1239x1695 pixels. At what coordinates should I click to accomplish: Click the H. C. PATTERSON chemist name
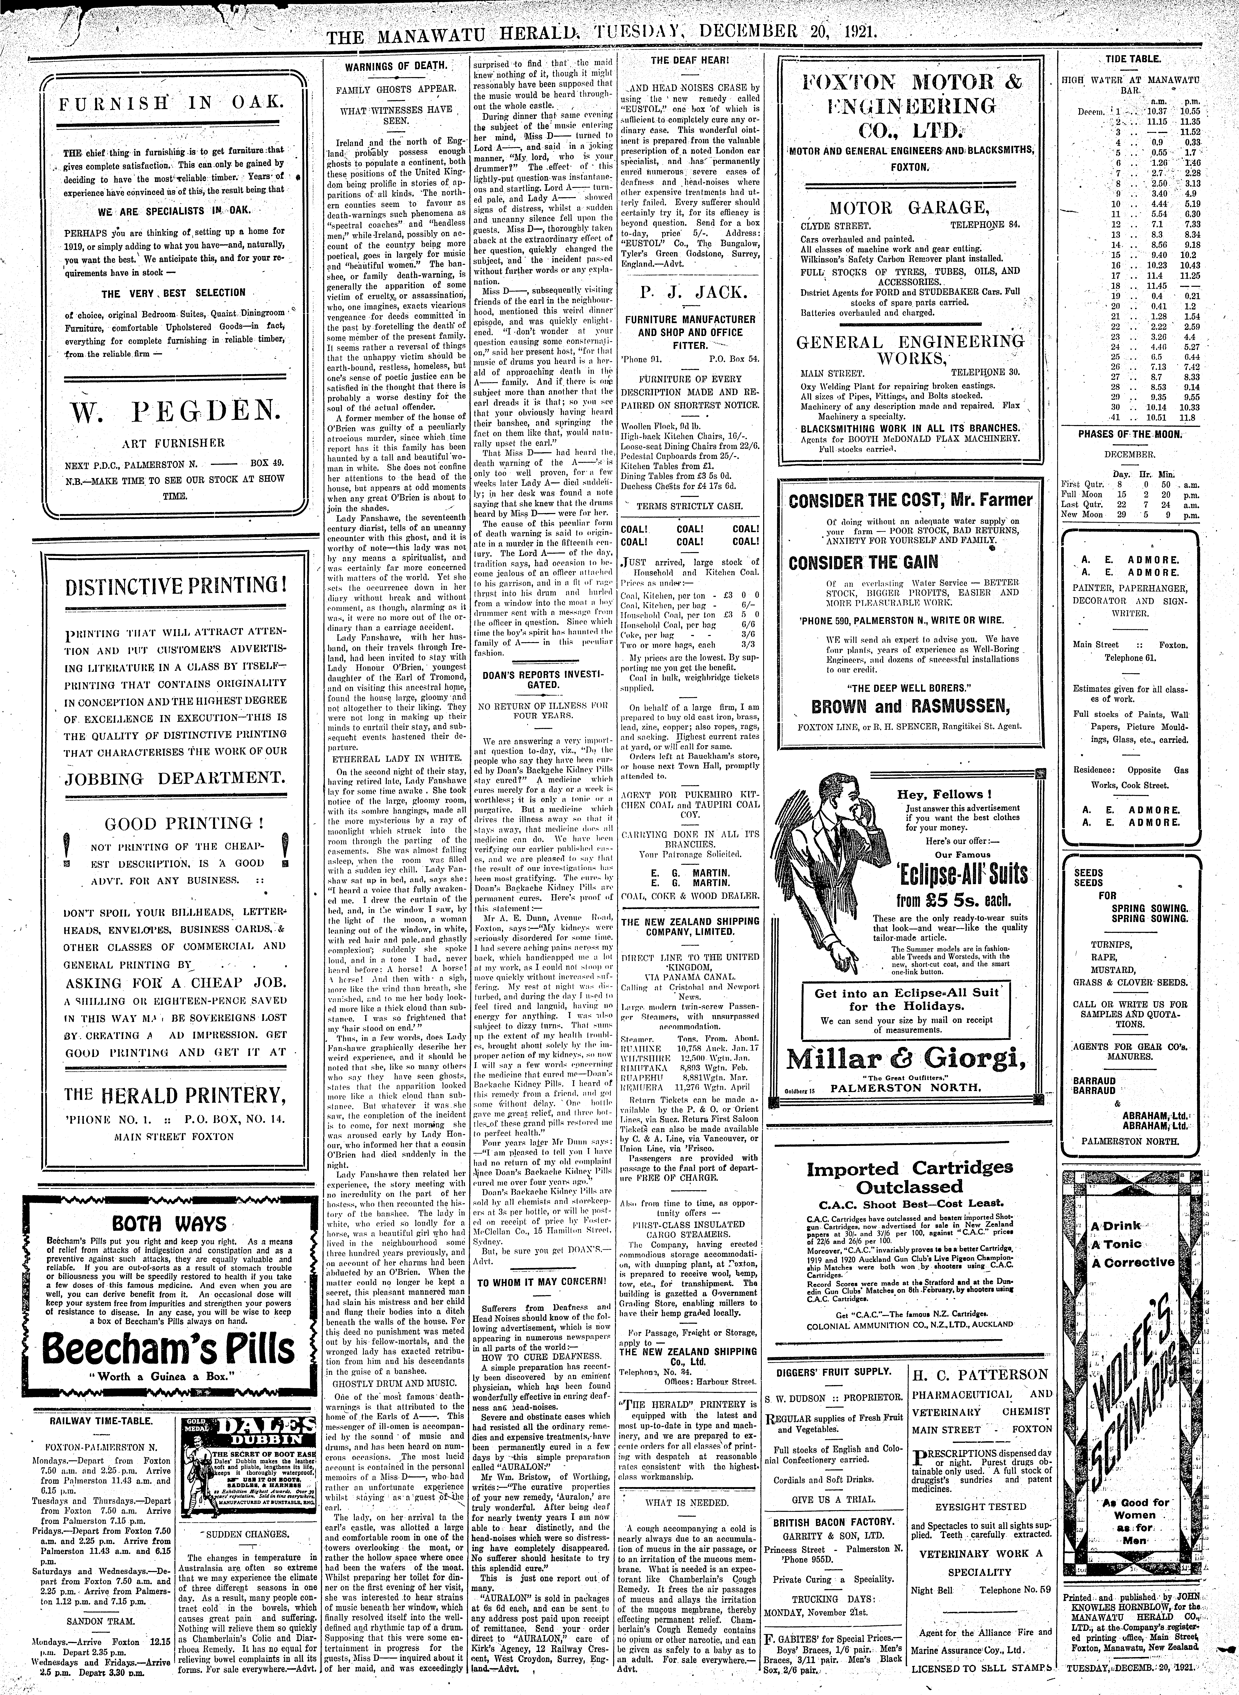(x=982, y=1374)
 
